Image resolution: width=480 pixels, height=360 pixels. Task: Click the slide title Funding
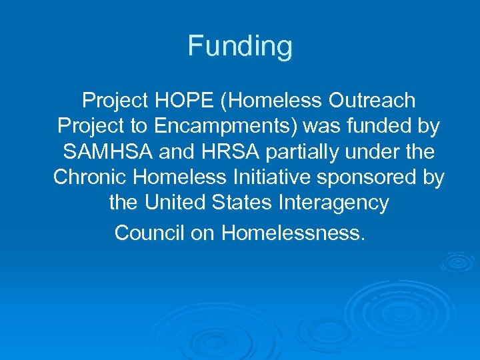tap(240, 47)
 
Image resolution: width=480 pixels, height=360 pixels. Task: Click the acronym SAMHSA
tap(107, 152)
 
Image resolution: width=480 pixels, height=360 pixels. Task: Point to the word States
tap(243, 203)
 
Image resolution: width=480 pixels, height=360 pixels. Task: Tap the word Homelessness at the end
tap(293, 233)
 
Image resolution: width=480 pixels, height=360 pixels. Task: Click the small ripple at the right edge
tap(459, 261)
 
